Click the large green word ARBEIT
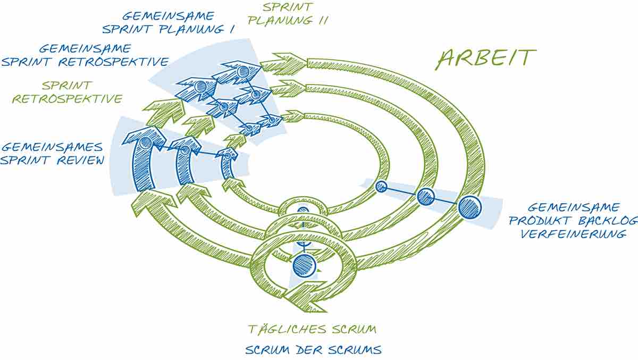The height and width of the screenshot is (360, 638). (486, 60)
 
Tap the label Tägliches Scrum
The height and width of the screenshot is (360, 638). (312, 329)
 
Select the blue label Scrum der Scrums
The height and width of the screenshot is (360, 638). (313, 350)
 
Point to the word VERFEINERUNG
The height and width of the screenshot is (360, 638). (573, 234)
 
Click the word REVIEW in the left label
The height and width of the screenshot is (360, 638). (81, 161)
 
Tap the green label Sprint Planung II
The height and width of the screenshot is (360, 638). (288, 14)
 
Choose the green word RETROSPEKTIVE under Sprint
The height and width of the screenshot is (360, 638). (67, 99)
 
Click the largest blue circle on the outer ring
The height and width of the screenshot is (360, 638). (469, 207)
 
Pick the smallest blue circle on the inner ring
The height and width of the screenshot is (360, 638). (381, 187)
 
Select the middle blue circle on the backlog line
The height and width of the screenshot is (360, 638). (425, 197)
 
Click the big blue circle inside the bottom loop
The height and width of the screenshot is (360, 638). (304, 266)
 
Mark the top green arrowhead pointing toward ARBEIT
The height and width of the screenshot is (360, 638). (284, 64)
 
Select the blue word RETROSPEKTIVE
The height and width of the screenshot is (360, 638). (114, 62)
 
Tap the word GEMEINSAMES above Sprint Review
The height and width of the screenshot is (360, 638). (52, 147)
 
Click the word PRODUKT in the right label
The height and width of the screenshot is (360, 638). (540, 221)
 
